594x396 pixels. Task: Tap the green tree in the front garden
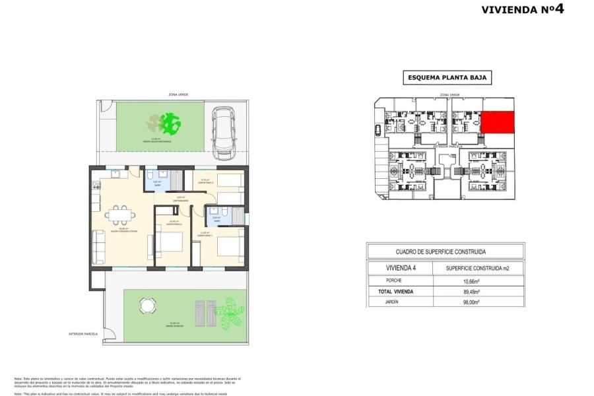171,123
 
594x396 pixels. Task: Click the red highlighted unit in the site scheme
496,122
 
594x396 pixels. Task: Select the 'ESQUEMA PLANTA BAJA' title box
447,79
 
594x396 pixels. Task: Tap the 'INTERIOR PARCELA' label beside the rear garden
83,334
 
